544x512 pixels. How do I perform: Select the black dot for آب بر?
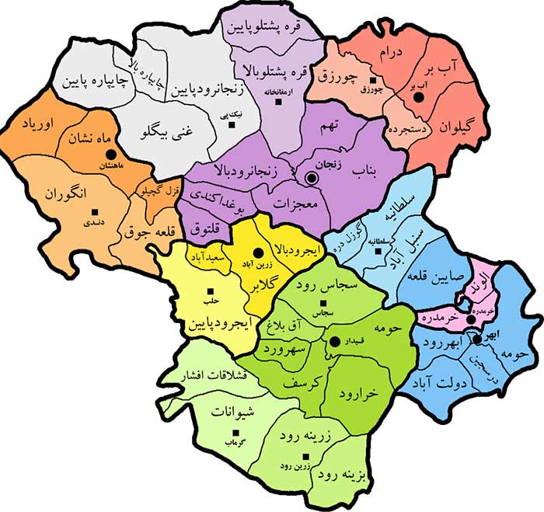(418, 98)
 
